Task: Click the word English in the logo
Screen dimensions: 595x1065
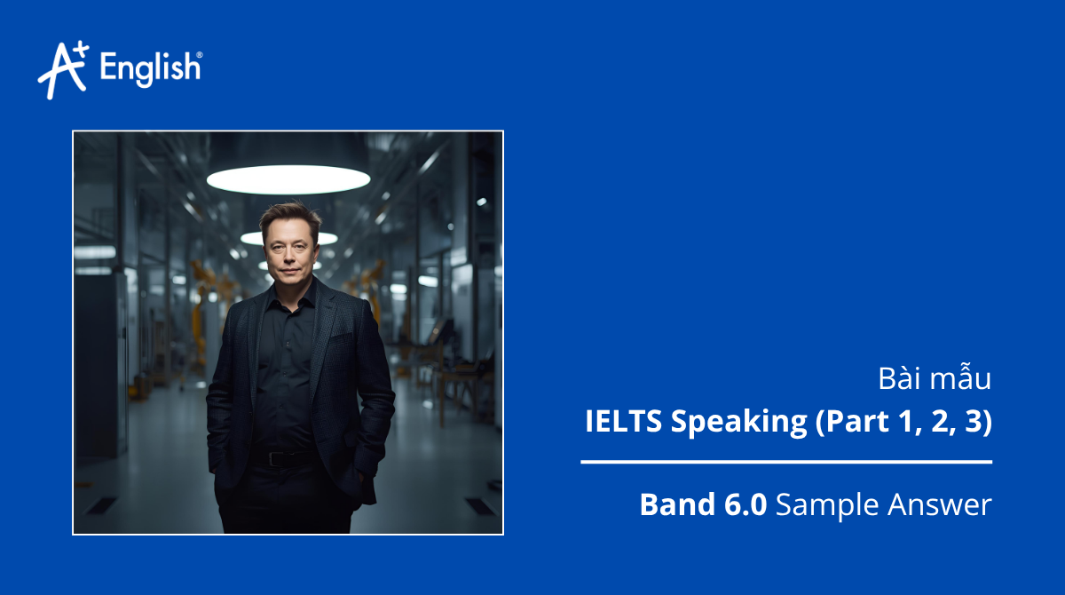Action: pos(150,68)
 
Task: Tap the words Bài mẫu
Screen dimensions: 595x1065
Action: pos(935,378)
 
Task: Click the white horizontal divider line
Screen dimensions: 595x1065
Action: pos(786,462)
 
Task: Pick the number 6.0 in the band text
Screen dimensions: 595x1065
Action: pos(741,504)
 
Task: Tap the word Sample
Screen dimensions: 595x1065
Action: pos(826,504)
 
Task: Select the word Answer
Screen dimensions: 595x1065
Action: pos(938,504)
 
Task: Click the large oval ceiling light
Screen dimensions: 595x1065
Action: pos(288,178)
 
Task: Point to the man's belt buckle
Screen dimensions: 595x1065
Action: pos(281,458)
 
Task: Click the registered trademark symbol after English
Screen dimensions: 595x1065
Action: pos(198,56)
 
